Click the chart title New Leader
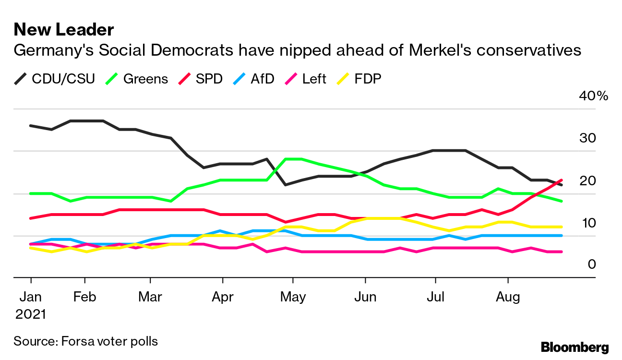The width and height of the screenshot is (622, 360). [64, 30]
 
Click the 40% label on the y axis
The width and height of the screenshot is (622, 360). [594, 96]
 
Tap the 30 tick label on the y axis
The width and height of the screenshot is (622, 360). [588, 138]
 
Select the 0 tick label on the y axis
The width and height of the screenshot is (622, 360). [592, 264]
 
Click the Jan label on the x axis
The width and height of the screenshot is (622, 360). [31, 297]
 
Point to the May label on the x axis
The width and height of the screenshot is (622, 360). [292, 297]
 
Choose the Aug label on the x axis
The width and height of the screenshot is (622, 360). [508, 297]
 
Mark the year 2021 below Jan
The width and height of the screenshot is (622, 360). [31, 314]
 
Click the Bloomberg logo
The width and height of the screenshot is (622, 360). [574, 347]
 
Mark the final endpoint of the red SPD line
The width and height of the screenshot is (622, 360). [562, 180]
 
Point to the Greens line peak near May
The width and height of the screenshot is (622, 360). [293, 159]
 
